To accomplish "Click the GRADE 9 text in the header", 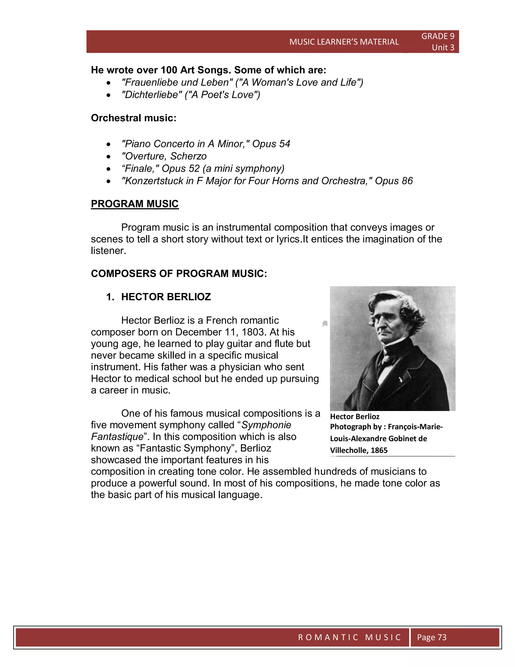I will click(x=438, y=36).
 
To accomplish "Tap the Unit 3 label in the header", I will click(x=443, y=48).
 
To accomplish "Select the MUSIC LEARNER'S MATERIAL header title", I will click(x=344, y=42).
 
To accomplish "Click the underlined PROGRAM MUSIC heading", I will click(x=135, y=204).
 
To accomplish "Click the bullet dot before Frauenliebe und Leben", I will click(x=108, y=83).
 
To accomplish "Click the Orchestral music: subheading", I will click(x=134, y=118).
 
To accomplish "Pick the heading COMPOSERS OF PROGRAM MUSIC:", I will click(x=179, y=273).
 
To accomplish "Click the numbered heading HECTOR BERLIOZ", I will click(x=166, y=297).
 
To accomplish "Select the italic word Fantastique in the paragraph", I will click(x=117, y=436).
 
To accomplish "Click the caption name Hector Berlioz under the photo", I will click(x=355, y=417).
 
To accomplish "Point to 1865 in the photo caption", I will click(x=379, y=450).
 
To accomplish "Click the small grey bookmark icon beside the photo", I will click(x=325, y=324).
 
